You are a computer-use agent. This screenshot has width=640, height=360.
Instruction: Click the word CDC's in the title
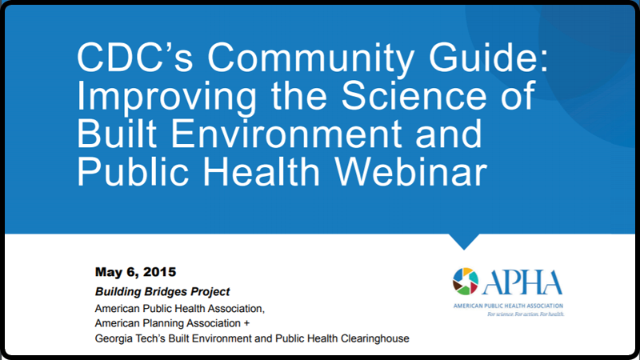pos(134,57)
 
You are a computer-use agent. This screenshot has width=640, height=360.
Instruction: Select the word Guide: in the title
pos(488,57)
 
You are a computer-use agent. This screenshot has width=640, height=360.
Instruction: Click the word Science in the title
pos(414,95)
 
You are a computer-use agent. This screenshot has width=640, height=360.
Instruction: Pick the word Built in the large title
pos(117,134)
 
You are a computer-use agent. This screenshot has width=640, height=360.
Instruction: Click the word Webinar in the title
pos(411,171)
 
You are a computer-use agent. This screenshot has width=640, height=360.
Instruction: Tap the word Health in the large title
pos(262,171)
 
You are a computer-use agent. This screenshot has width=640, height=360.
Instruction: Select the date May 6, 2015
pos(135,272)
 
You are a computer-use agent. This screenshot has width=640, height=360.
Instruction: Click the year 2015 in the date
pos(159,272)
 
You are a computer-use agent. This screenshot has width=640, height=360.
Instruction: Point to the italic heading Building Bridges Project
pos(162,292)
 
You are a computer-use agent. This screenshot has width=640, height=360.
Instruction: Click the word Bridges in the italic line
pos(163,292)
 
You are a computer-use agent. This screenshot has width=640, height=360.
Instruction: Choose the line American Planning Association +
pos(172,323)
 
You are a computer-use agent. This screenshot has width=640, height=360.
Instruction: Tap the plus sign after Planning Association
pos(246,324)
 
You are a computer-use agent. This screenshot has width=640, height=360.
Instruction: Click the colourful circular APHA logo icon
pos(466,282)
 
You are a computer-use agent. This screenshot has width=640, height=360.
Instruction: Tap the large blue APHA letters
pos(522,282)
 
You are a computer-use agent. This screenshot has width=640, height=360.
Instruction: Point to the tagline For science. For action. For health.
pos(526,314)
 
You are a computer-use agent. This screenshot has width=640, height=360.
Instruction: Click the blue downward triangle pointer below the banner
pos(464,241)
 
